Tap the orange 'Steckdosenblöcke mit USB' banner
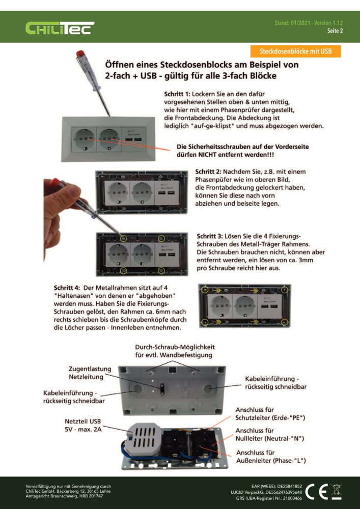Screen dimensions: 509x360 tap(295, 51)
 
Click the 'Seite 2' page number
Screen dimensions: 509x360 tap(335, 31)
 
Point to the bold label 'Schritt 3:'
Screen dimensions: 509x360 tap(211, 236)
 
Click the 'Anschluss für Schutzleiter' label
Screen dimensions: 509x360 tap(270, 413)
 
